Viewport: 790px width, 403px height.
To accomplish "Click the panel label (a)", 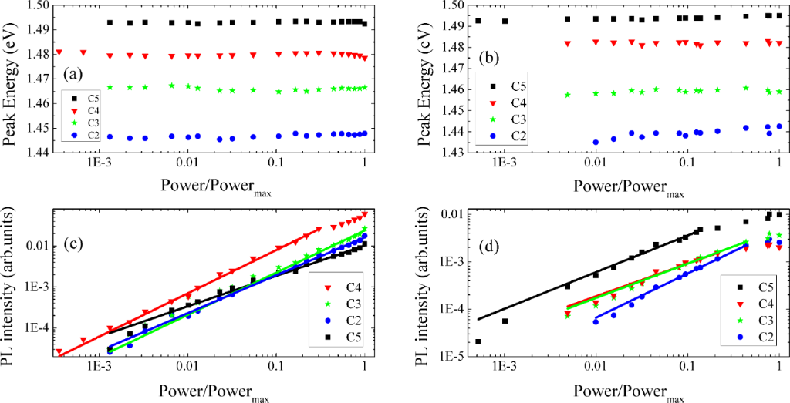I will [72, 74].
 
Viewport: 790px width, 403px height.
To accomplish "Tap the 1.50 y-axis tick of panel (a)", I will [35, 5].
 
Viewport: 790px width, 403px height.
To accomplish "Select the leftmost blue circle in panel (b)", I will [596, 142].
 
